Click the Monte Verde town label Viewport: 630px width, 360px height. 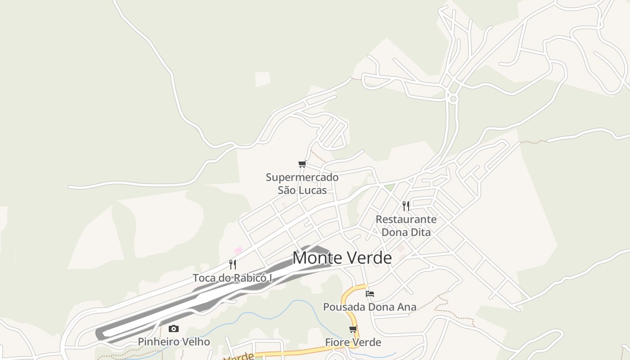[x=342, y=258]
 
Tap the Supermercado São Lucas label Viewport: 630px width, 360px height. [x=302, y=184]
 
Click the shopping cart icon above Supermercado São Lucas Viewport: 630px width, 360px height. [x=302, y=164]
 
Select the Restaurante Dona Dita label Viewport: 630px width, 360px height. [x=406, y=226]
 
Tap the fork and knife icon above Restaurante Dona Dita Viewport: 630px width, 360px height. [x=406, y=206]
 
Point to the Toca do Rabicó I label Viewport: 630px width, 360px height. [x=233, y=278]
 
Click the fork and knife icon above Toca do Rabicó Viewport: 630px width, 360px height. [x=233, y=264]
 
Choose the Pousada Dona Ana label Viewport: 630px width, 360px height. [x=369, y=307]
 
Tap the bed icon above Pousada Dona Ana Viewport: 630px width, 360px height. [x=370, y=294]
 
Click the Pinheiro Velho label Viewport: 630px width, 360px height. [x=174, y=342]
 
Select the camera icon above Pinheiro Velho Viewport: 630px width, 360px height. [x=174, y=329]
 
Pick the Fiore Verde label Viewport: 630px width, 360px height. [x=353, y=342]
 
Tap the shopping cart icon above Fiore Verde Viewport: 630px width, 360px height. [x=353, y=329]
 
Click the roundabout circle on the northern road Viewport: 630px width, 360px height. [x=453, y=99]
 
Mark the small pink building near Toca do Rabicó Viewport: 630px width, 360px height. [x=238, y=250]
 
